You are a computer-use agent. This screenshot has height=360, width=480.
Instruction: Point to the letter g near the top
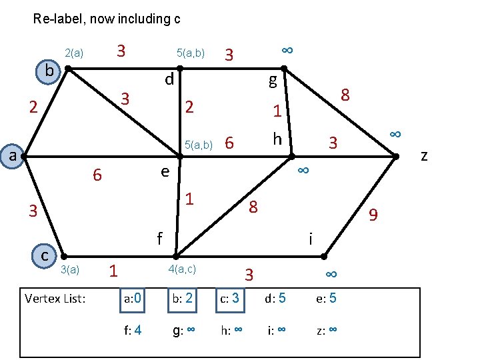pyautogui.click(x=272, y=82)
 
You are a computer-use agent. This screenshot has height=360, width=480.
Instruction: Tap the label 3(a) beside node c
pyautogui.click(x=70, y=269)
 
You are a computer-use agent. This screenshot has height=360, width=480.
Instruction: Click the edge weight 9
pyautogui.click(x=373, y=215)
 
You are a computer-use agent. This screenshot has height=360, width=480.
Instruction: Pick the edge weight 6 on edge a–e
pyautogui.click(x=97, y=175)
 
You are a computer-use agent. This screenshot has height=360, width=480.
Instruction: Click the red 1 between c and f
pyautogui.click(x=113, y=271)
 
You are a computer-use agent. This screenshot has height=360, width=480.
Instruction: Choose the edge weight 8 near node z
pyautogui.click(x=345, y=95)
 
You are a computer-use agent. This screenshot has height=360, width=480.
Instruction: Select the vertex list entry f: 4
pyautogui.click(x=132, y=329)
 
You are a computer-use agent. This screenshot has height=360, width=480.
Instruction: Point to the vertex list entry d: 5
pyautogui.click(x=275, y=298)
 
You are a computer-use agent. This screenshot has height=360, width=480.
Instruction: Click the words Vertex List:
pyautogui.click(x=55, y=299)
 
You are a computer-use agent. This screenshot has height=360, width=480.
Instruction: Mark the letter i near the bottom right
pyautogui.click(x=311, y=238)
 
